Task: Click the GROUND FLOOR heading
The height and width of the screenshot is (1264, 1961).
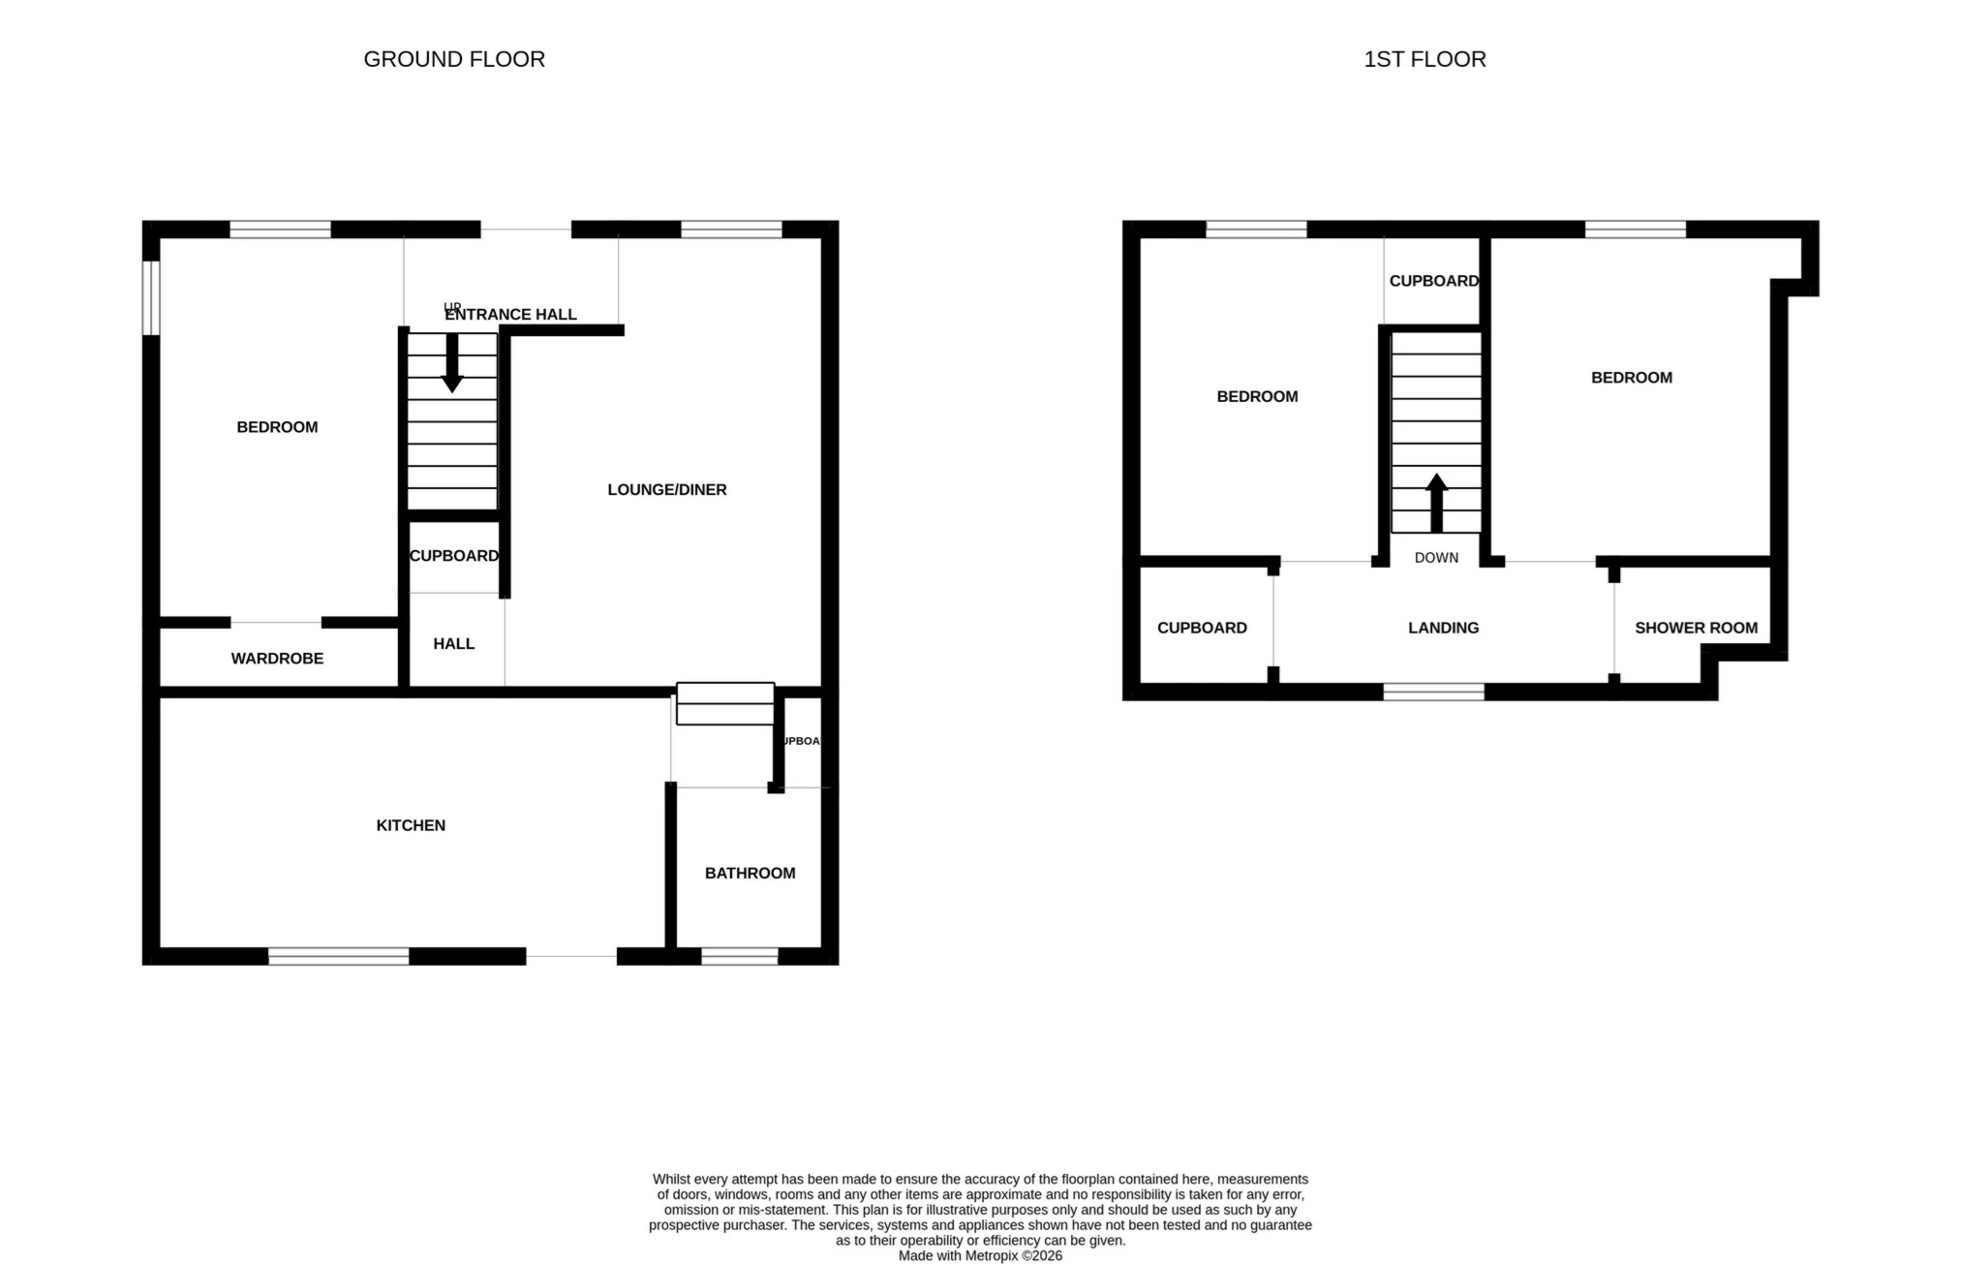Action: [454, 59]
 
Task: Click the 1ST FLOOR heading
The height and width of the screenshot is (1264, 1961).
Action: [1425, 59]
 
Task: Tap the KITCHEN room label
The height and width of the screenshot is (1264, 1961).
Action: [411, 825]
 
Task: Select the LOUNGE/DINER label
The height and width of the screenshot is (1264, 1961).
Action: [667, 490]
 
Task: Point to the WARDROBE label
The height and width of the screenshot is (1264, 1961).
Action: [277, 659]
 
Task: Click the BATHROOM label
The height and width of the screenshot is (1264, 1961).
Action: [750, 874]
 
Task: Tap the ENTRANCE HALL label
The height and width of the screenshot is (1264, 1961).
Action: [511, 315]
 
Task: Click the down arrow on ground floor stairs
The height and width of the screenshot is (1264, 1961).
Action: [452, 363]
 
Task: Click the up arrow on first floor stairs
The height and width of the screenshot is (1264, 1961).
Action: [1436, 502]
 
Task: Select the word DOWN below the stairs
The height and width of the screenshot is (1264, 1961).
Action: [1436, 558]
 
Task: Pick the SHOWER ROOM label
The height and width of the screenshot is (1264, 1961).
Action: [1696, 628]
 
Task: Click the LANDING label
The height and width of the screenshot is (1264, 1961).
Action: [1443, 628]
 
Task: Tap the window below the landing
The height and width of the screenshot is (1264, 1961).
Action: [1433, 692]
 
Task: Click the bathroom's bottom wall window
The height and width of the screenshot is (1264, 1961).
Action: [739, 957]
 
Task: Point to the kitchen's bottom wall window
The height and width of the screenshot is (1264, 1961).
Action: [338, 957]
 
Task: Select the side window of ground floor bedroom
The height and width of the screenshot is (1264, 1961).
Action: [151, 298]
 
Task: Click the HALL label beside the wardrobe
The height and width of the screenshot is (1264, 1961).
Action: [453, 644]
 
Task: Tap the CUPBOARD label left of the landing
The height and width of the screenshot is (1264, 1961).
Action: [1202, 628]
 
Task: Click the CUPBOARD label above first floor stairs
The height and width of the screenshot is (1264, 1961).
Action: [1433, 281]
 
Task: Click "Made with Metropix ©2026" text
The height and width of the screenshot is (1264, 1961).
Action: [980, 1255]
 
